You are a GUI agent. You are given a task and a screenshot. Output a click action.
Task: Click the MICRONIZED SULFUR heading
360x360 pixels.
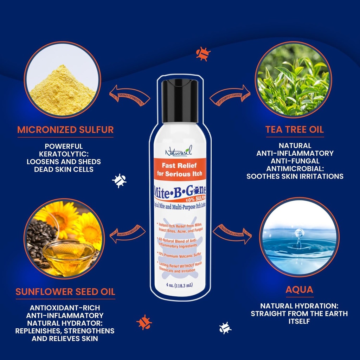click(x=65, y=130)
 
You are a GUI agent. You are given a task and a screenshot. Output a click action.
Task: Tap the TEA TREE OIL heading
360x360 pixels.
click(x=294, y=130)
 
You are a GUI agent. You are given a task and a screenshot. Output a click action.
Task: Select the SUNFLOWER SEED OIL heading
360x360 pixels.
click(x=65, y=291)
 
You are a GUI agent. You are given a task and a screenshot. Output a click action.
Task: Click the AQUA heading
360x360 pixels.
click(x=299, y=290)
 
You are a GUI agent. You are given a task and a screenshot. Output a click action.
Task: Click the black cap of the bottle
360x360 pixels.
click(x=180, y=101)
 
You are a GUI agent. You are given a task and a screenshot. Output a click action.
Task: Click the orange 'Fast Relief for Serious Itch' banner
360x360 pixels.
click(x=180, y=169)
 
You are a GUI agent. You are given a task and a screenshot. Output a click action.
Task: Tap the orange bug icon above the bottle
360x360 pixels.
click(x=203, y=53)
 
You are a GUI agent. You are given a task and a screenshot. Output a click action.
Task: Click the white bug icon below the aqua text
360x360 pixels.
click(x=225, y=328)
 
